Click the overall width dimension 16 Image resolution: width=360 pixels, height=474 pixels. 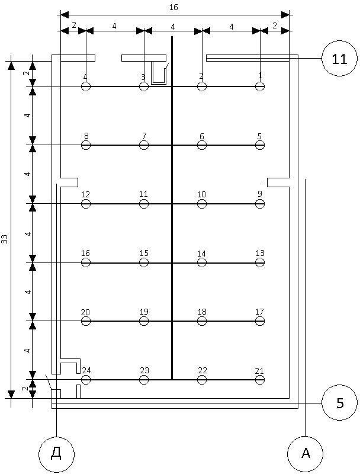(173, 7)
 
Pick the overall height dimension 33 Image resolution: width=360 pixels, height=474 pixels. (5, 239)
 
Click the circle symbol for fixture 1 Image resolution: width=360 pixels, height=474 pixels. (260, 87)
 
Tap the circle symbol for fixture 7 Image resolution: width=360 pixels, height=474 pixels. (144, 145)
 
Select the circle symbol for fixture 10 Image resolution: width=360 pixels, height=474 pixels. (202, 204)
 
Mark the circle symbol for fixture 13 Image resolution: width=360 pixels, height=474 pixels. (260, 262)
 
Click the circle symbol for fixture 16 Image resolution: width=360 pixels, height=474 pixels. (86, 262)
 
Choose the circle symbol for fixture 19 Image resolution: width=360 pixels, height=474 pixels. (144, 321)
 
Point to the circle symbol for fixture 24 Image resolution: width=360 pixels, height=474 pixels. (86, 379)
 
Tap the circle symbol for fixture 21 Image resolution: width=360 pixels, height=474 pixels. (260, 379)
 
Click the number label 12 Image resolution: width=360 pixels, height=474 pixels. (85, 194)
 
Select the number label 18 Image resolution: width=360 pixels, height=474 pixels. (202, 312)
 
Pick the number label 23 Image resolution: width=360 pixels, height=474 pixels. (144, 370)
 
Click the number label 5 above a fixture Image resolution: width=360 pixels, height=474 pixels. (259, 136)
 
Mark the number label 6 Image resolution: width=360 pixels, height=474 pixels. (202, 136)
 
